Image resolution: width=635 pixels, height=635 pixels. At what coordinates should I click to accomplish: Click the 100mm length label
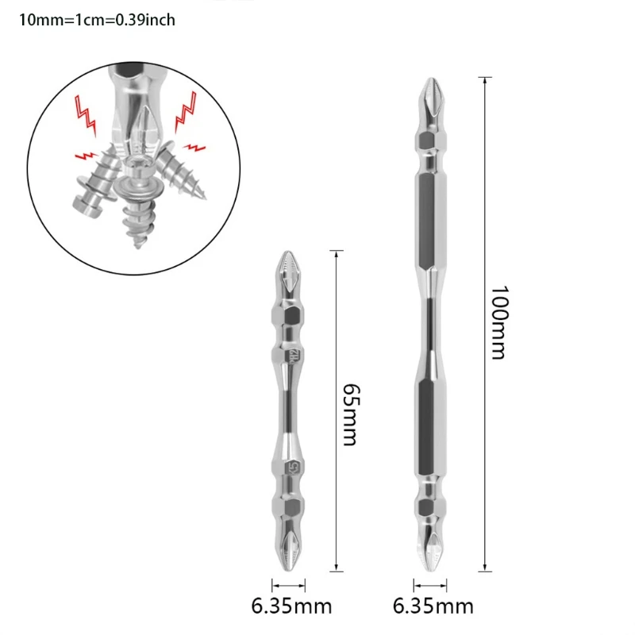point(498,323)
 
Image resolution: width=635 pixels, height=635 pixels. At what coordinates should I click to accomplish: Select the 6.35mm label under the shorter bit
point(291,607)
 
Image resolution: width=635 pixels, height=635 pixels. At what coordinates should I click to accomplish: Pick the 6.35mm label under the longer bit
point(433,607)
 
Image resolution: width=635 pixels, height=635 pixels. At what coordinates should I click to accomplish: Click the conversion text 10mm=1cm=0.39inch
point(97,21)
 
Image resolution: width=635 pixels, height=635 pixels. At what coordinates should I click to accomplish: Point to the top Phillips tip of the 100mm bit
point(429,94)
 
